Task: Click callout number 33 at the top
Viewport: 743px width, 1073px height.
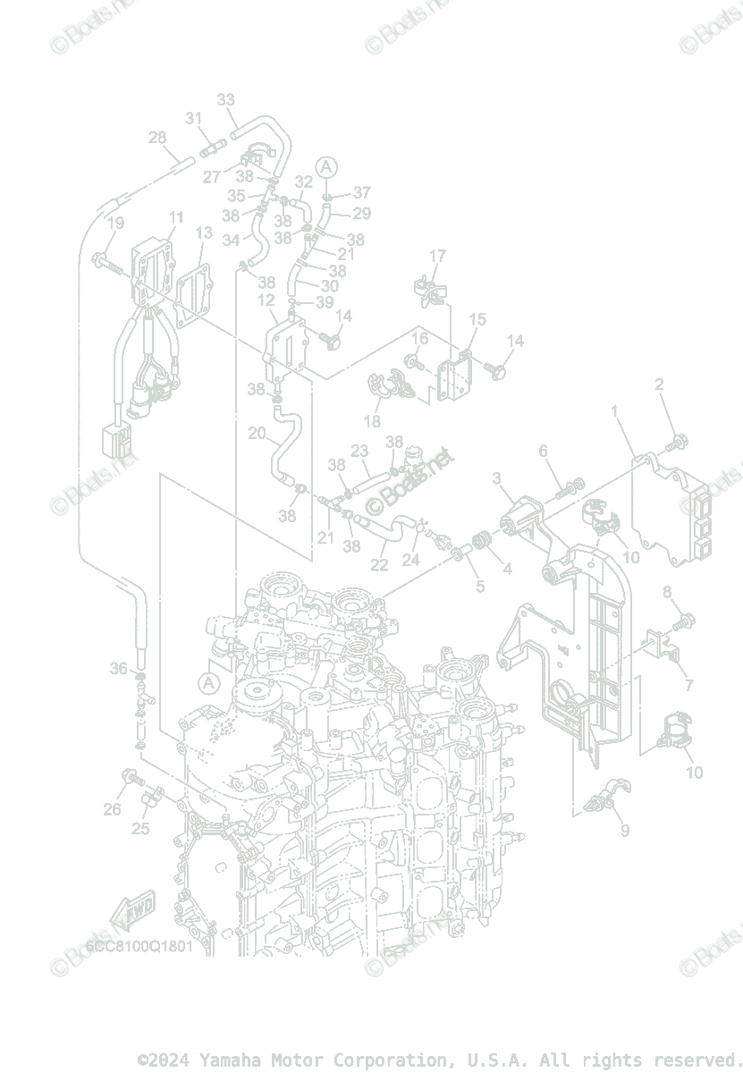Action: click(226, 99)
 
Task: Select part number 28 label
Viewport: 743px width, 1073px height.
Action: click(157, 138)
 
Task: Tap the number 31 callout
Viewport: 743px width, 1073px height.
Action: click(194, 118)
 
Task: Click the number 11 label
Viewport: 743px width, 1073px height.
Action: click(175, 217)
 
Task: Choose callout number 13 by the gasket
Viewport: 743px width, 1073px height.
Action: click(204, 232)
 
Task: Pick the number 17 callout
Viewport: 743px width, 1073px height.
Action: click(437, 257)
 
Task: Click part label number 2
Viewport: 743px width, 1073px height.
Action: click(660, 384)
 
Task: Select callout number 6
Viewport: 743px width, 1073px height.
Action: click(543, 452)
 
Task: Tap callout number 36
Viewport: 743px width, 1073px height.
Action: click(119, 668)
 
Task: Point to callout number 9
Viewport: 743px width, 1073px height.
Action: click(625, 830)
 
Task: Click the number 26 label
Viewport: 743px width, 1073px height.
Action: click(112, 809)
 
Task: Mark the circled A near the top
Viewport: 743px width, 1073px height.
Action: click(327, 166)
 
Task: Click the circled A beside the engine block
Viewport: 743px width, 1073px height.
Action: click(209, 683)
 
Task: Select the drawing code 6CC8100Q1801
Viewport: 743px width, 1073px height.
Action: click(139, 946)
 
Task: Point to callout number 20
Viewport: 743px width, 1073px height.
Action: click(257, 434)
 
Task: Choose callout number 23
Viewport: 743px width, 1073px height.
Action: click(360, 450)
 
